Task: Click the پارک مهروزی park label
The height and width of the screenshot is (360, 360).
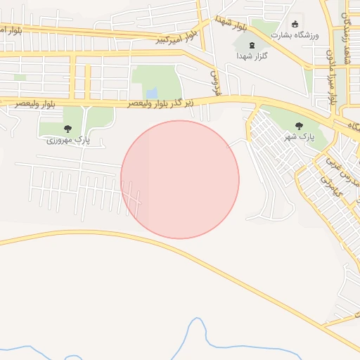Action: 69,140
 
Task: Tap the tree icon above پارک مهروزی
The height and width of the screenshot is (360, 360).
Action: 68,129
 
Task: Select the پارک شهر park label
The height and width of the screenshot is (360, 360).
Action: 299,136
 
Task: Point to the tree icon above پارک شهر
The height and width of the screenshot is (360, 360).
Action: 299,126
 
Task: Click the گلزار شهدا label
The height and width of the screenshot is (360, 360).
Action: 250,55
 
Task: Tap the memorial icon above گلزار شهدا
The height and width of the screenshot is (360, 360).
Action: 251,45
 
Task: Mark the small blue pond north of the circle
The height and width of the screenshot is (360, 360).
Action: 152,93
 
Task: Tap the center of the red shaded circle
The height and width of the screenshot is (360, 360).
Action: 180,179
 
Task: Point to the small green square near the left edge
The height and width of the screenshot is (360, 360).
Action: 20,77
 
